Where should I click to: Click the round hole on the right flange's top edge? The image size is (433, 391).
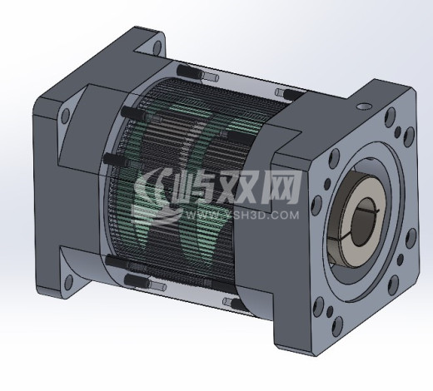pos(363,106)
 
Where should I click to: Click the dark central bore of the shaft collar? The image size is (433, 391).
pos(366,221)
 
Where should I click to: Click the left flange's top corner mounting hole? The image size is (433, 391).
pos(158,46)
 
